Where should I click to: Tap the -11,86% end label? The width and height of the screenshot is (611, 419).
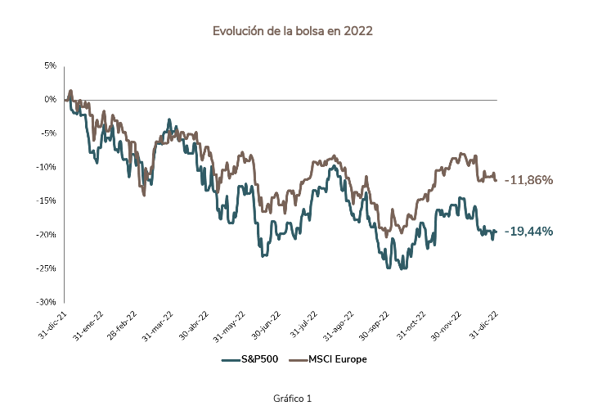click(528, 179)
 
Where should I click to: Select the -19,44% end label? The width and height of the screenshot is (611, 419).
click(528, 232)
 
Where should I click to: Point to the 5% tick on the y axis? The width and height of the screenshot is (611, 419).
click(51, 65)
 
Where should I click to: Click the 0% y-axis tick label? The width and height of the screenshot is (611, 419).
click(51, 100)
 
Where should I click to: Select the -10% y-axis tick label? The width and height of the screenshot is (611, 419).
click(47, 167)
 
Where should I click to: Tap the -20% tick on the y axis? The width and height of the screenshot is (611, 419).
click(47, 234)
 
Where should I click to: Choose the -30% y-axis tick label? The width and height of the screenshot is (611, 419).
click(47, 301)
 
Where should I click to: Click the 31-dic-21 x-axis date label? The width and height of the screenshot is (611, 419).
click(52, 325)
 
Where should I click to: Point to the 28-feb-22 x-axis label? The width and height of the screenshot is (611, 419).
click(124, 326)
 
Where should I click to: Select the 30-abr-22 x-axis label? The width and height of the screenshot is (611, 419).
click(194, 325)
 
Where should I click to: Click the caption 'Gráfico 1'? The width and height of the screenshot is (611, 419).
click(293, 399)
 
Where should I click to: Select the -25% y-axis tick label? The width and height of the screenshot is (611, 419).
click(47, 268)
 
